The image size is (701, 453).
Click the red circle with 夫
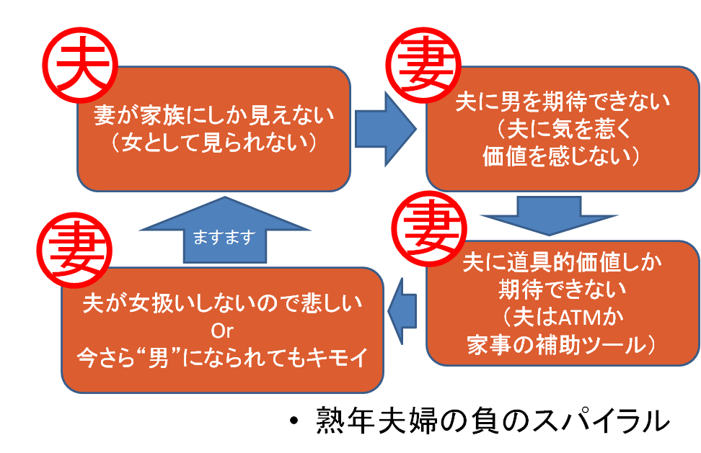pyautogui.click(x=81, y=65)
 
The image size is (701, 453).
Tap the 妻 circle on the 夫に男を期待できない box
pyautogui.click(x=423, y=65)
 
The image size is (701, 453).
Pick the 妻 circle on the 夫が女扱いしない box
pyautogui.click(x=74, y=250)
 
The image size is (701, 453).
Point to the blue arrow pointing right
pyautogui.click(x=385, y=129)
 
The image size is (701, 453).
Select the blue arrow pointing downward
pyautogui.click(x=549, y=215)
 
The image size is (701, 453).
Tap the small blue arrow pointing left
pyautogui.click(x=402, y=311)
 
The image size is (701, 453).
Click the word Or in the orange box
pyautogui.click(x=222, y=331)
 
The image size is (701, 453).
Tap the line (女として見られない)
pyautogui.click(x=213, y=143)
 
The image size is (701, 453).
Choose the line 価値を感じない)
pyautogui.click(x=561, y=157)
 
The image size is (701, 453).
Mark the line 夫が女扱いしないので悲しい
pyautogui.click(x=222, y=303)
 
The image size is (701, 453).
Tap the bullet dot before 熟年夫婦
pyautogui.click(x=294, y=421)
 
